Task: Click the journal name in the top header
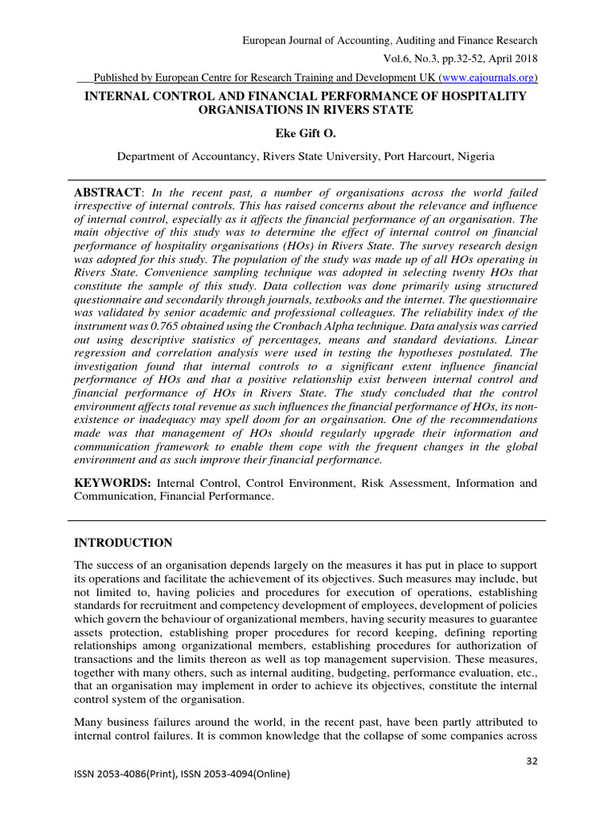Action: tap(390, 41)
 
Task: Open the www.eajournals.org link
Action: tap(488, 77)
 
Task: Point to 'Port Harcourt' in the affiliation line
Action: tap(420, 157)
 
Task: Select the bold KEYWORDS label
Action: tap(112, 483)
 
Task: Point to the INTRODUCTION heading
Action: tap(123, 543)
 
